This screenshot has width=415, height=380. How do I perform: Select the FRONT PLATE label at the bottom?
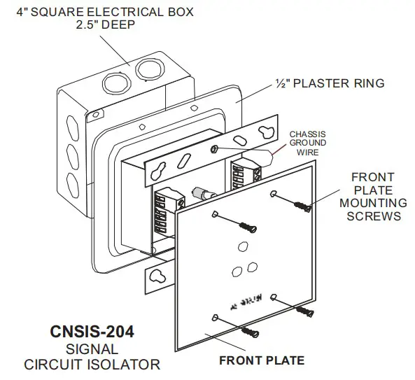262,361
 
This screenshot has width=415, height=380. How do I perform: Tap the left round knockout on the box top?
117,83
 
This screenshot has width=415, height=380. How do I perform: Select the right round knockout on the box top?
147,71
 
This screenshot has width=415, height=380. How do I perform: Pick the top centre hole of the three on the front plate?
242,246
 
